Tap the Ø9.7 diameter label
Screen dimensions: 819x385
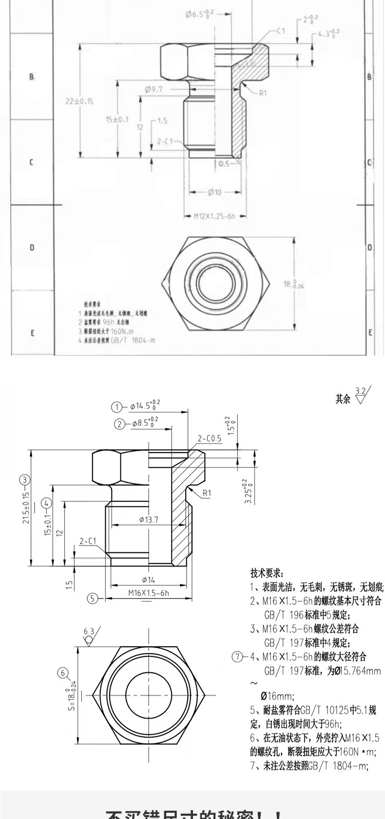(153, 89)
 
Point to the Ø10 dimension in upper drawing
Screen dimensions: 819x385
(214, 192)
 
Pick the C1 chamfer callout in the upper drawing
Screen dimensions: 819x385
(280, 30)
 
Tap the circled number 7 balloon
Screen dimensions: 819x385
(237, 657)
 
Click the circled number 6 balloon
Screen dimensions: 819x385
(63, 673)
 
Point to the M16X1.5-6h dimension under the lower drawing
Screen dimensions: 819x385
(149, 593)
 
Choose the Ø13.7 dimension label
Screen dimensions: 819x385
(149, 520)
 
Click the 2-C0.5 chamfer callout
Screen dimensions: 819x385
(210, 438)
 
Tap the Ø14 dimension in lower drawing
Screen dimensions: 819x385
(148, 579)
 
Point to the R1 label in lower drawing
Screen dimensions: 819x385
(207, 493)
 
